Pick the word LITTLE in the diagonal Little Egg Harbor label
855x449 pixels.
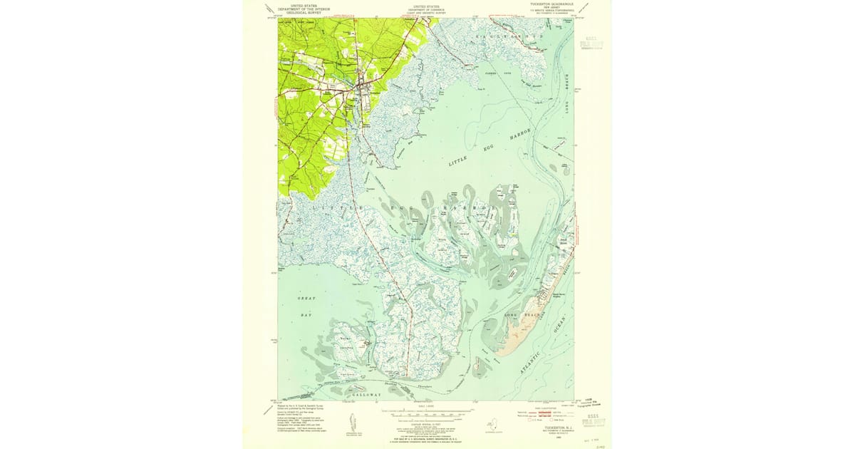pyautogui.click(x=460, y=162)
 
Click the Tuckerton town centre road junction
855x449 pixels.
pyautogui.click(x=363, y=88)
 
